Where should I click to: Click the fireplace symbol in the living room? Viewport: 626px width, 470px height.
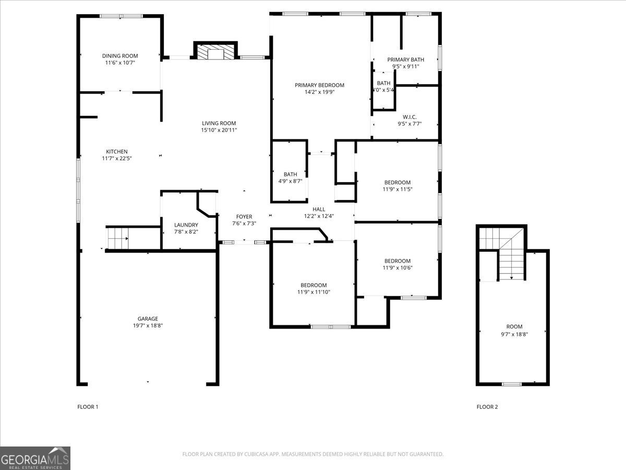tap(215, 52)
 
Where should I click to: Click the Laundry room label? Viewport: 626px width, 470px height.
tap(186, 225)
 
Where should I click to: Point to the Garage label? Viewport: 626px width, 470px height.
tap(148, 319)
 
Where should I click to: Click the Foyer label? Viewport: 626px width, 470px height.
tap(244, 217)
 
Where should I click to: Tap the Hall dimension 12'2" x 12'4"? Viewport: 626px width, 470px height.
tap(319, 216)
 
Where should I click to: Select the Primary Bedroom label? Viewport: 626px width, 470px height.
tap(319, 85)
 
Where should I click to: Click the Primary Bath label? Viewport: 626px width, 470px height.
tap(405, 60)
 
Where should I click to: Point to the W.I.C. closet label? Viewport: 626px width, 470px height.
tap(410, 117)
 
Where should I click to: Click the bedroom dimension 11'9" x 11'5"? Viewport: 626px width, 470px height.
tap(397, 190)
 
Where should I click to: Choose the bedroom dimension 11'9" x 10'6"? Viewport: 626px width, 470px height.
tap(397, 268)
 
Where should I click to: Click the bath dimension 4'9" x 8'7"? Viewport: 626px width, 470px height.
tap(291, 181)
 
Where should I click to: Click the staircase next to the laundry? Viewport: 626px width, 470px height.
tap(117, 239)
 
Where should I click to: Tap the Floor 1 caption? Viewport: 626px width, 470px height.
tap(88, 407)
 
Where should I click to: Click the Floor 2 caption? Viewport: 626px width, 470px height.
tap(487, 407)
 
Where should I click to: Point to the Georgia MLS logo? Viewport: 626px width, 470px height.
tap(35, 458)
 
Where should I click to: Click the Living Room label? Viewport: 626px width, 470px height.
tap(219, 123)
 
